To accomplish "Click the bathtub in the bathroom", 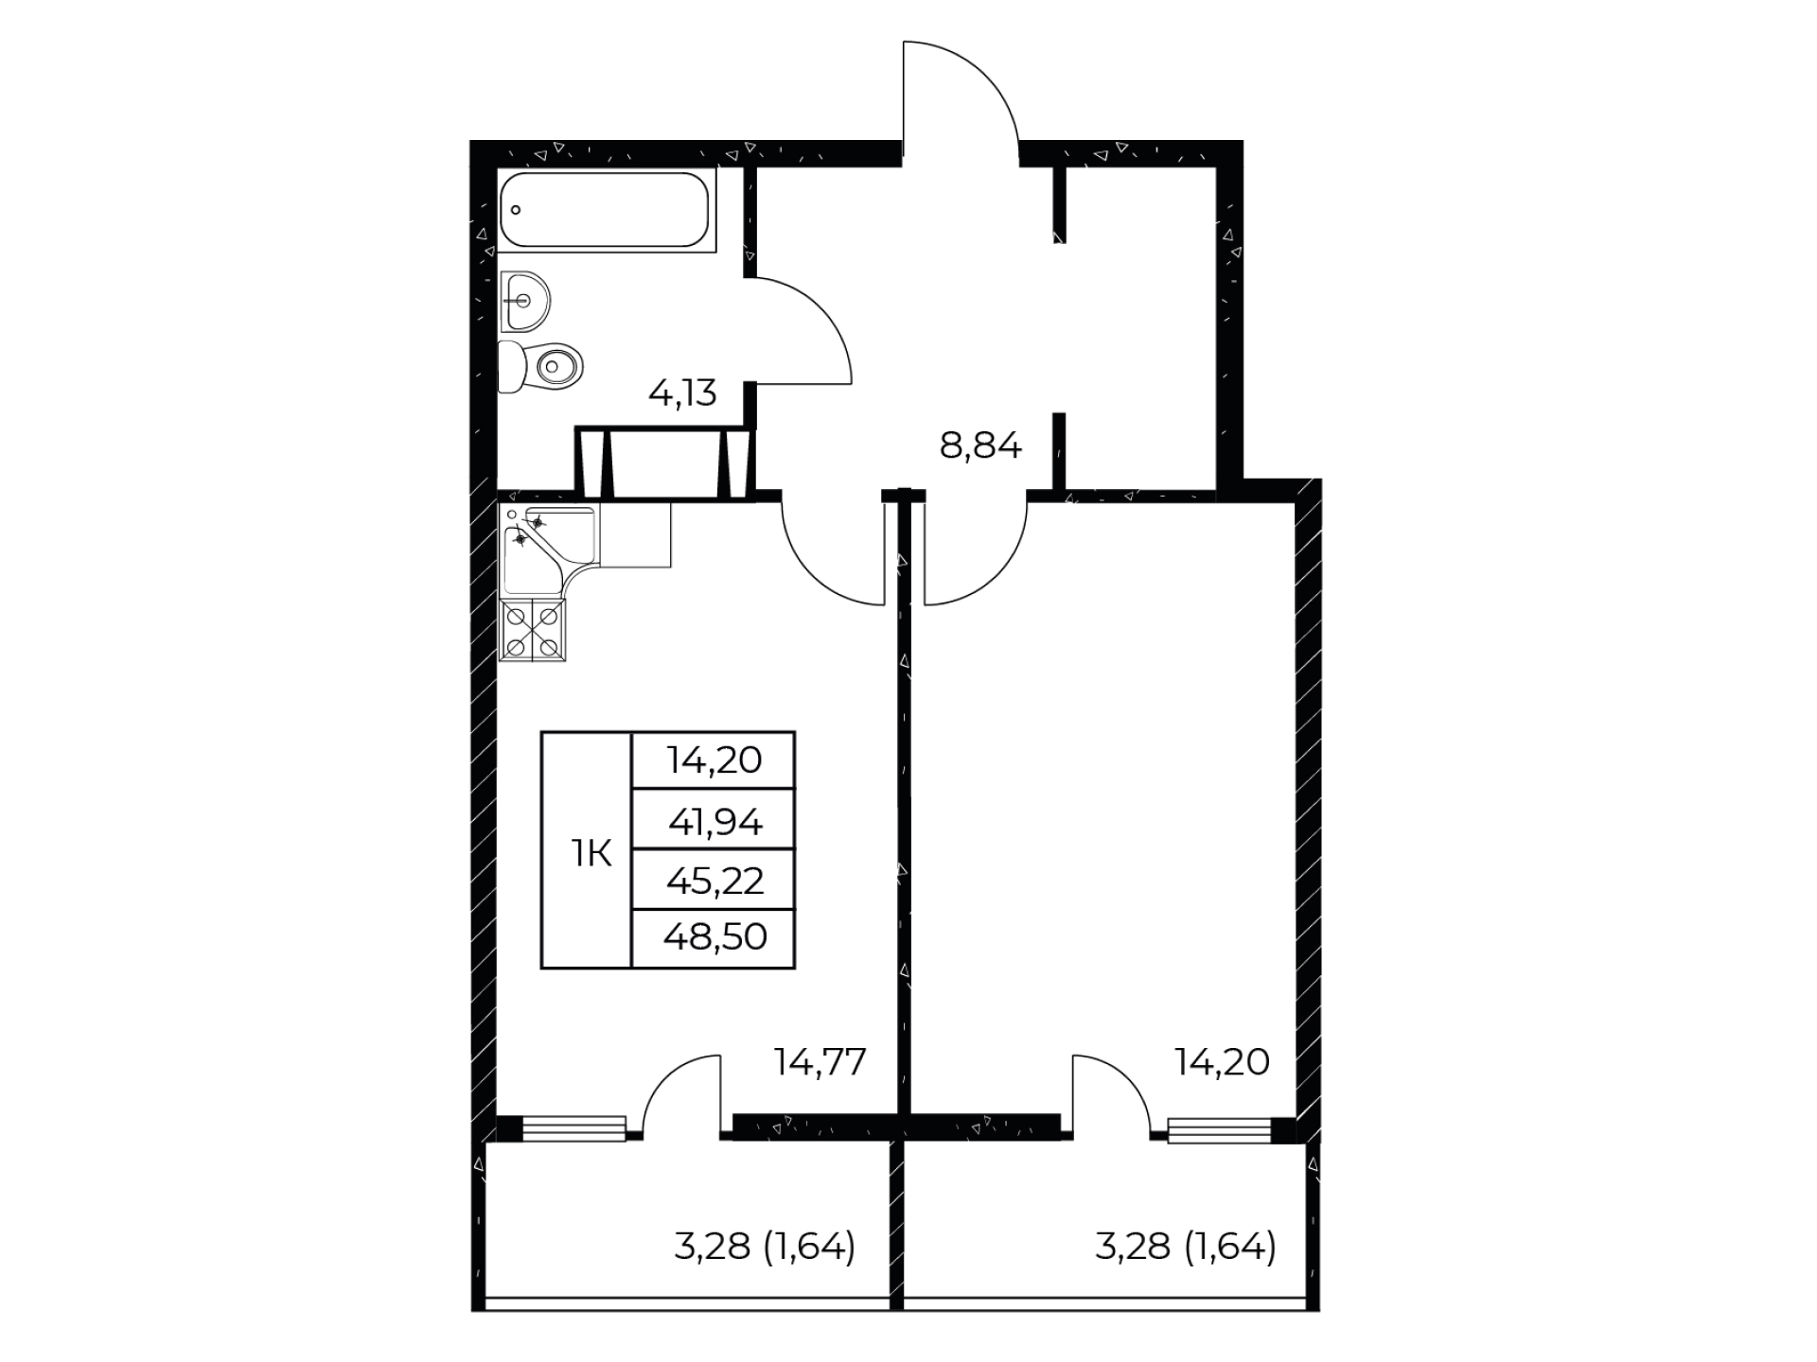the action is tap(607, 209).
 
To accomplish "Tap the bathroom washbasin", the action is tap(524, 301).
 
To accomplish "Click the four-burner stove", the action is tap(532, 629).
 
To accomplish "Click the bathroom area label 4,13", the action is tap(682, 392).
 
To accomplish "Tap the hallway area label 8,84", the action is tap(980, 445).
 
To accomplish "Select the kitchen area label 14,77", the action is tap(820, 1062).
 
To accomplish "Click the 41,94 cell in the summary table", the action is tap(714, 823).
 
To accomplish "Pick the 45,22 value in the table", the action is tap(714, 881).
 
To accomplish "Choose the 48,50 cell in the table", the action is tap(714, 937).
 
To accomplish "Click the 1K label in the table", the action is tap(591, 854).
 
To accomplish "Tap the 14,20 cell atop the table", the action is tap(714, 760).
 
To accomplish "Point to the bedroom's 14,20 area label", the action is tap(1222, 1062).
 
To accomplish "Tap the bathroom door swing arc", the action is tap(822, 312).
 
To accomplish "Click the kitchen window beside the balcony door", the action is tap(573, 1128).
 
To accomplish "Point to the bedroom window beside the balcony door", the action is tap(1220, 1130).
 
